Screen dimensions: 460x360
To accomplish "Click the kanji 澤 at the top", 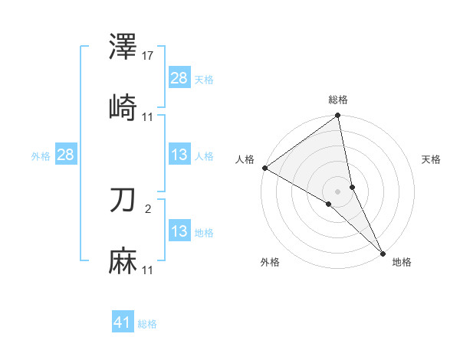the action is (x=123, y=47).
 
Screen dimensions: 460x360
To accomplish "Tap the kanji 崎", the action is (x=123, y=108).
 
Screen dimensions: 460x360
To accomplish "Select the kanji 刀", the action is (x=123, y=201).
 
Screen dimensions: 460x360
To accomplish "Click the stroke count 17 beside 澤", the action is (x=149, y=56).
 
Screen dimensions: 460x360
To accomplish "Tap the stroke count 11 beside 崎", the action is (x=148, y=116).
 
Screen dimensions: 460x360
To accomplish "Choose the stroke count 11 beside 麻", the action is (x=148, y=270).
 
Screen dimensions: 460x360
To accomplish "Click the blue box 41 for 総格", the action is (x=123, y=323).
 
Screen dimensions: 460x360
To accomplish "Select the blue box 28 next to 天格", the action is (x=179, y=78).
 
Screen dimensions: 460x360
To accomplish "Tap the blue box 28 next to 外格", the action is (x=65, y=155).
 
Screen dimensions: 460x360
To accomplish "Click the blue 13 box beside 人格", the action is (x=179, y=155).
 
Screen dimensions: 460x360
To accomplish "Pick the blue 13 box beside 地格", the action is (x=179, y=231).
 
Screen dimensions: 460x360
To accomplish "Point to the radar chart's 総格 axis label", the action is (x=338, y=100).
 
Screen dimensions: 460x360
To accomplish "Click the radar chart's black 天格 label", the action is (x=431, y=159).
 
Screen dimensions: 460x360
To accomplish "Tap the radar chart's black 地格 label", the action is (x=402, y=262).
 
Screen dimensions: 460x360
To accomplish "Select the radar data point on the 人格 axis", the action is (x=264, y=168).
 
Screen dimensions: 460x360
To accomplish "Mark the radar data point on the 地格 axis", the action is (x=383, y=254).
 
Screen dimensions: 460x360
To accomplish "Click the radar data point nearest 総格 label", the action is (x=338, y=116).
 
